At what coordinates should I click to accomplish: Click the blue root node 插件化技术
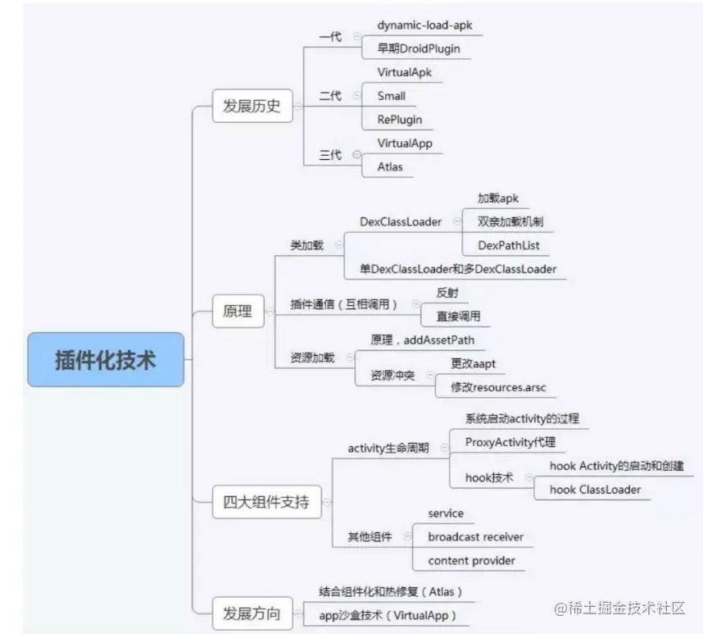click(x=105, y=359)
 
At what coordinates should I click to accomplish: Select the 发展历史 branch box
click(x=252, y=106)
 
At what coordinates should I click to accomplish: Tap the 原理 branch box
click(x=237, y=312)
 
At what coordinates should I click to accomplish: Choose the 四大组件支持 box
click(x=267, y=502)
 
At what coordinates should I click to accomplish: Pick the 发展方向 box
click(x=252, y=613)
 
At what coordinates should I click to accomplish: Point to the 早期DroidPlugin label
click(x=419, y=48)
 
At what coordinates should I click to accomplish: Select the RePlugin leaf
click(x=399, y=120)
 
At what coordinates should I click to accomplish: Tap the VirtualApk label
click(x=404, y=72)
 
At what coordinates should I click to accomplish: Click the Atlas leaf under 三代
click(x=390, y=167)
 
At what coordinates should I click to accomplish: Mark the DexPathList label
click(x=509, y=245)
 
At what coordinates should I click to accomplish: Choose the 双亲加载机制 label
click(x=510, y=221)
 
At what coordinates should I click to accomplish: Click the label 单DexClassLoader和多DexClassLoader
click(x=458, y=269)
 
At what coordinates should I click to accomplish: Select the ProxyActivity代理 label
click(x=510, y=442)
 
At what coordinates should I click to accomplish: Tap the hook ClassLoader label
click(x=595, y=490)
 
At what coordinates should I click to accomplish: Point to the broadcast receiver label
click(x=475, y=537)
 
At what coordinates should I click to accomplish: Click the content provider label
click(x=471, y=561)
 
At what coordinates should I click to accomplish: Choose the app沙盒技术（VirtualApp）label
click(x=387, y=614)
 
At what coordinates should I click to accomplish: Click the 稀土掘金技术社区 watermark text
click(x=627, y=609)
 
